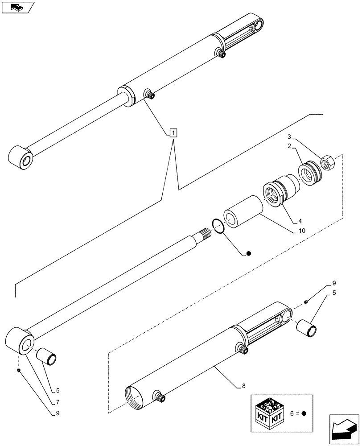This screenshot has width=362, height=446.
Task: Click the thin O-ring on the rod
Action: coord(217,226)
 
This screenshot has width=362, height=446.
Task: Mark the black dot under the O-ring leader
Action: coord(249,254)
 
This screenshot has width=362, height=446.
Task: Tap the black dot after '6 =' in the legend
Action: coord(304,413)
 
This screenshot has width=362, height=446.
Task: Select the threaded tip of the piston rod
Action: coord(205,235)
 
